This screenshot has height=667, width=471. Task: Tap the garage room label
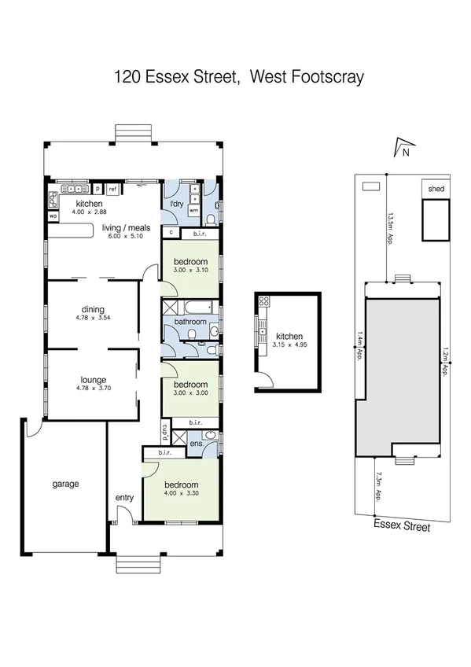pos(65,484)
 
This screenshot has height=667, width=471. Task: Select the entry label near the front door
pos(124,497)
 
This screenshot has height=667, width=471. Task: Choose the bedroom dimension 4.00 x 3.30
pos(181,493)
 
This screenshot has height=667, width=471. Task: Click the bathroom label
pos(191,322)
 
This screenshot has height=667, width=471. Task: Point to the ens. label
pos(197,444)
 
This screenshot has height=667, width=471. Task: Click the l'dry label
pos(177,205)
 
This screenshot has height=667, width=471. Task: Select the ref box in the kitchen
pos(112,189)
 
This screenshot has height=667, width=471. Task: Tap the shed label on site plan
pos(435,190)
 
